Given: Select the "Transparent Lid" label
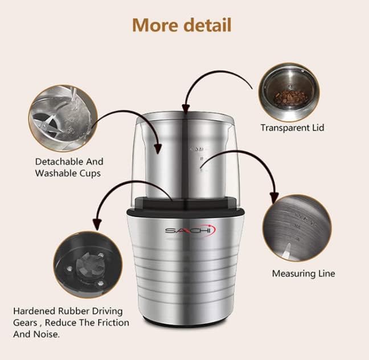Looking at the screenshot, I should point(292,128).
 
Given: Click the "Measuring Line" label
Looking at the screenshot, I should point(303,273).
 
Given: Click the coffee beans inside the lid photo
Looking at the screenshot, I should point(290,98).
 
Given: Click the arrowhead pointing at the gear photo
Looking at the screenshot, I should point(97,224).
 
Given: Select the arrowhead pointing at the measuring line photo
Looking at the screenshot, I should point(274,199).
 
